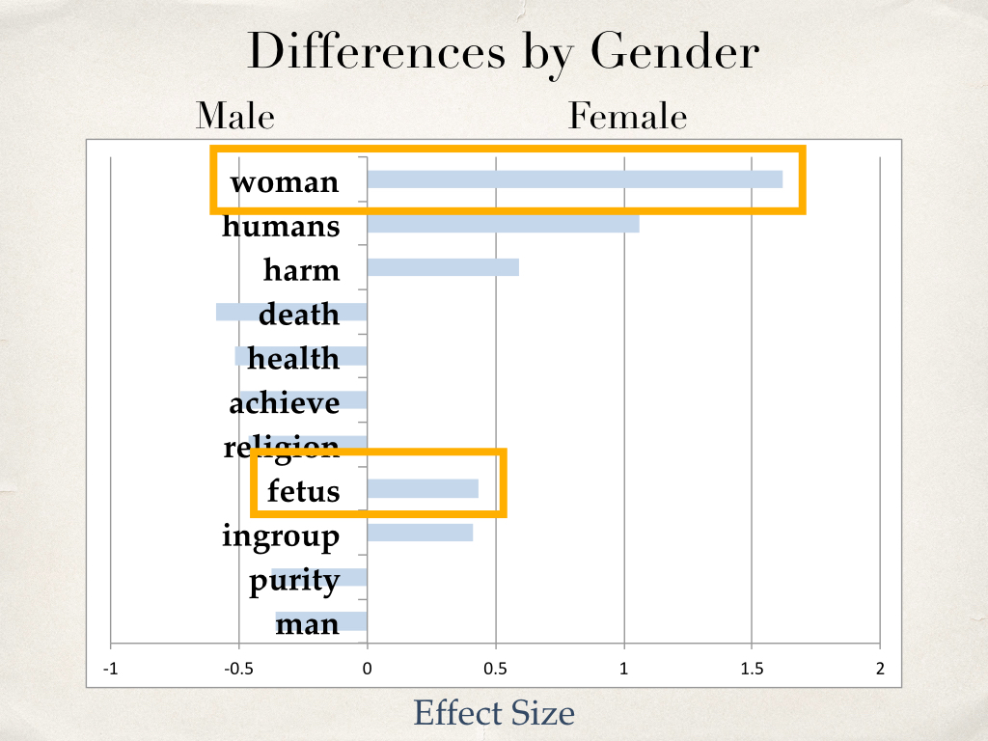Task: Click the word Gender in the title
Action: click(x=674, y=53)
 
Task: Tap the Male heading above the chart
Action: click(x=235, y=116)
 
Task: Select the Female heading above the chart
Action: click(x=627, y=116)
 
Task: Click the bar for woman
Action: click(x=575, y=178)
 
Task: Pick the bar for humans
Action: click(x=504, y=224)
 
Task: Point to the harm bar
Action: click(x=443, y=267)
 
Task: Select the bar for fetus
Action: click(x=423, y=488)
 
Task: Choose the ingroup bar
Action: click(x=421, y=533)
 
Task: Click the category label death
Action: click(x=299, y=314)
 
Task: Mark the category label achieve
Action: click(x=285, y=402)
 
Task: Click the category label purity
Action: click(x=294, y=580)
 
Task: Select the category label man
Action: click(x=308, y=624)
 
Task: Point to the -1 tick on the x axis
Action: click(x=111, y=669)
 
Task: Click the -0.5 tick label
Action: click(x=239, y=669)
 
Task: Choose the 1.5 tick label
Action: click(x=752, y=669)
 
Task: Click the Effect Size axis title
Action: click(x=494, y=713)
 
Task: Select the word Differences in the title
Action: click(x=377, y=52)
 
